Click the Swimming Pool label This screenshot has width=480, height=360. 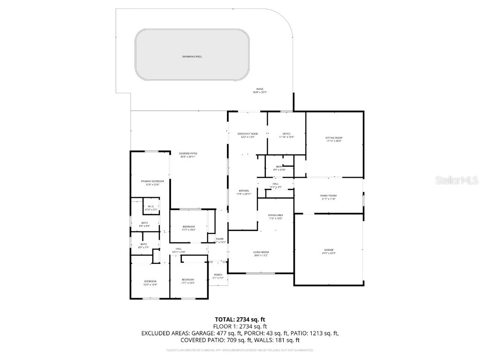192,57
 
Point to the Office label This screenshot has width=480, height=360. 286,134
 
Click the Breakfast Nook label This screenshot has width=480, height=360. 247,134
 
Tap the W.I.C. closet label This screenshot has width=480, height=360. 151,207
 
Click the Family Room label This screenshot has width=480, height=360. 328,195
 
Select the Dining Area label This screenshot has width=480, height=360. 276,215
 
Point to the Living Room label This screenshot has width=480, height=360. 261,252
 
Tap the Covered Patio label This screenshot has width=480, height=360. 188,154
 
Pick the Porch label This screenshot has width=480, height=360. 218,275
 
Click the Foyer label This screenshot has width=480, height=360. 220,239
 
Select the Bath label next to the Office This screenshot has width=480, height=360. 279,166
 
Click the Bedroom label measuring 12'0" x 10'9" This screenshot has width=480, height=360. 150,281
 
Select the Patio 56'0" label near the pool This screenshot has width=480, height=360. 260,89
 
